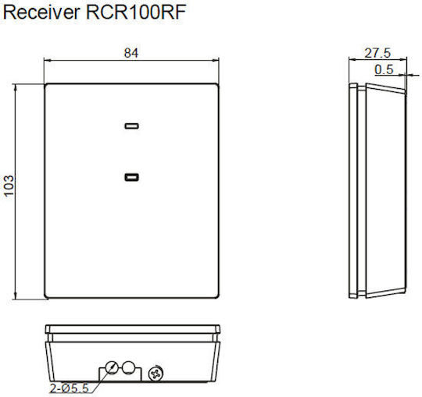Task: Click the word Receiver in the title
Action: pyautogui.click(x=41, y=12)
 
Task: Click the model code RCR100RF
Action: pyautogui.click(x=136, y=12)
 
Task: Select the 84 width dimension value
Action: pyautogui.click(x=131, y=53)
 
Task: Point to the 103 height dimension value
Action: pyautogui.click(x=9, y=186)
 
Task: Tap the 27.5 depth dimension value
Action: pyautogui.click(x=377, y=53)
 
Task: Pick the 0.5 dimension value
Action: pyautogui.click(x=384, y=69)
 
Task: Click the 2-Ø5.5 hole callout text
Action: pyautogui.click(x=70, y=388)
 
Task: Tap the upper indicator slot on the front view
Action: pyautogui.click(x=131, y=126)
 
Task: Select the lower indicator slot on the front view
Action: pyautogui.click(x=131, y=177)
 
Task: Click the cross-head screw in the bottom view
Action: pyautogui.click(x=156, y=374)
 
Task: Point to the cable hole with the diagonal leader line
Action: pyautogui.click(x=112, y=367)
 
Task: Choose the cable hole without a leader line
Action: pyautogui.click(x=128, y=367)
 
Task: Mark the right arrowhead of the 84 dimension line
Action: pyautogui.click(x=216, y=60)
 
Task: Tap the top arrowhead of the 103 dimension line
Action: pyautogui.click(x=16, y=87)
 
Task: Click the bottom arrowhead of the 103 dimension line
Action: pyautogui.click(x=16, y=296)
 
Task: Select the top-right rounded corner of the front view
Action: pyautogui.click(x=216, y=86)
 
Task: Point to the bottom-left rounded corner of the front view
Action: pyautogui.click(x=47, y=296)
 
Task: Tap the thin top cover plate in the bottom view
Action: pyautogui.click(x=132, y=329)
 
